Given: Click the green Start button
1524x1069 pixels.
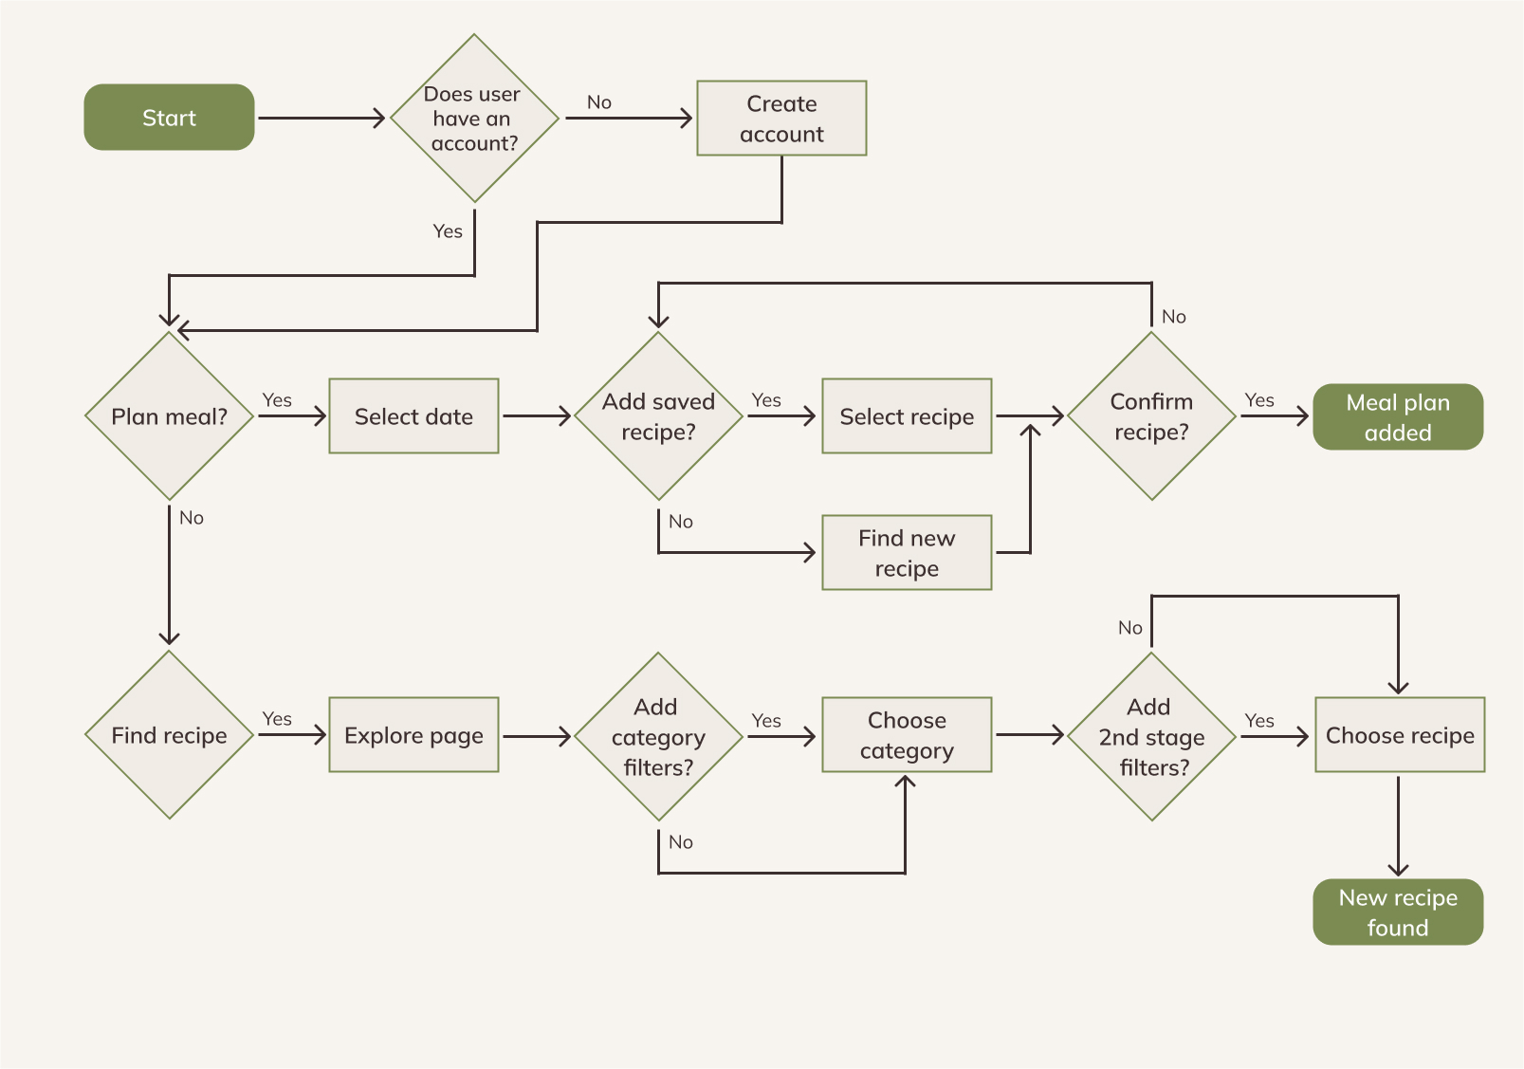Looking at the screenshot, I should point(169,118).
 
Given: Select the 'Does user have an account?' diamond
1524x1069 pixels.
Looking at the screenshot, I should point(473,119).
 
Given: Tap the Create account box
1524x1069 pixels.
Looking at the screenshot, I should point(781,119).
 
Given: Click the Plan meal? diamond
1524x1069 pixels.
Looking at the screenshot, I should point(169,416).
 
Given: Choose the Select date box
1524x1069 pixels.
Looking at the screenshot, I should point(413,416).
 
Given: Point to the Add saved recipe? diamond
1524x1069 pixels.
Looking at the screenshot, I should point(658,416).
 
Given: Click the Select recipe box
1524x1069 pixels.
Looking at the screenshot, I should point(907,416).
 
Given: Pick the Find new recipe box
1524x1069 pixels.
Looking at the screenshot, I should point(907,553).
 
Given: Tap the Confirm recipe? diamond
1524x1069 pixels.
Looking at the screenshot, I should point(1151,416).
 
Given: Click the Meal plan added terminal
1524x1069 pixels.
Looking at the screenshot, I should point(1398,416).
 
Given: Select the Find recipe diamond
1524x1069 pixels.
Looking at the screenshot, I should point(169,735).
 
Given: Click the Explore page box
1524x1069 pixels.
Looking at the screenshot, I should point(413,735).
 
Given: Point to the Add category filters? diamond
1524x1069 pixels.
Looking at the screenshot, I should point(658,736).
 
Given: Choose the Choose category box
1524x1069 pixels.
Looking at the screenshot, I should point(907,735).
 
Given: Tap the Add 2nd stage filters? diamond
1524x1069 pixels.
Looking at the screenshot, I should point(1151,736).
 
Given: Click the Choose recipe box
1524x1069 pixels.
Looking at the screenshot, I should point(1400,735).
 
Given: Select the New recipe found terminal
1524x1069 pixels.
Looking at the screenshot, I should point(1398,912).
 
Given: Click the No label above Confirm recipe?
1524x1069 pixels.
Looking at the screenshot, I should point(1174,317).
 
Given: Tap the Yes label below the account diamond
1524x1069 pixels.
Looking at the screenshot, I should point(448,231).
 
